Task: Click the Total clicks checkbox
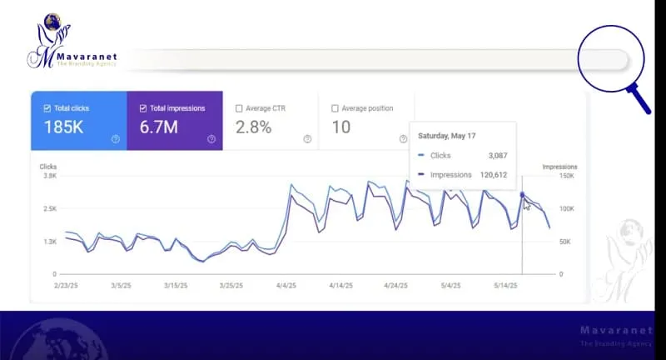47,108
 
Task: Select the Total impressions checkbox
143,108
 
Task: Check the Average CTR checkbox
240,108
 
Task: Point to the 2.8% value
253,128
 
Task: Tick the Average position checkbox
335,108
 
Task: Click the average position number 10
341,128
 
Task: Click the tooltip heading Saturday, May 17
446,135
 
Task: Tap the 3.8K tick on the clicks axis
49,176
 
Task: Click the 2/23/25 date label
66,285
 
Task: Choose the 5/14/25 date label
505,285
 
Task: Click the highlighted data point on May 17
522,195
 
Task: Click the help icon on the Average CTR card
307,139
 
